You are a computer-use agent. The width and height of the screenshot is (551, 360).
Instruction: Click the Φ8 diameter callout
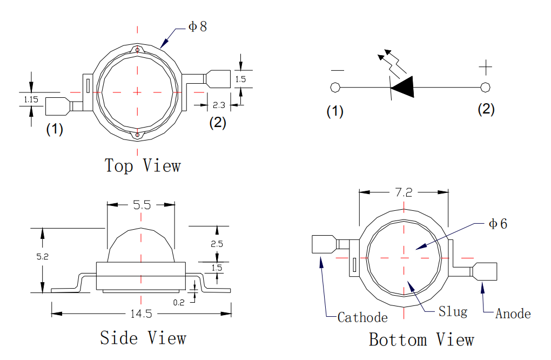pos(197,26)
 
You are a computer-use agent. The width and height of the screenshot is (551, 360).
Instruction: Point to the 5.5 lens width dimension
pos(141,205)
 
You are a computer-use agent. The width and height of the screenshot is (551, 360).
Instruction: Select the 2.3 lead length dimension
pos(219,104)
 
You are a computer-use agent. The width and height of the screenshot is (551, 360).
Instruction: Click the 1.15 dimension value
pos(31,99)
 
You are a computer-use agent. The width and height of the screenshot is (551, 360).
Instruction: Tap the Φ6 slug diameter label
pos(498,224)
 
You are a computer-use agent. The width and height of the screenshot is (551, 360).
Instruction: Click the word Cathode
pos(362,317)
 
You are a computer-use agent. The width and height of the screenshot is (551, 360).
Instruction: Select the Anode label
pos(513,314)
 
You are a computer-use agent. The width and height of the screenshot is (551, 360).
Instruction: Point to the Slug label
pos(453,312)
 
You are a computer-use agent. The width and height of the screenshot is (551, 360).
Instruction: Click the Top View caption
pos(143,165)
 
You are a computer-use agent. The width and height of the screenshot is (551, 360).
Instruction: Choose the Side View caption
pos(143,338)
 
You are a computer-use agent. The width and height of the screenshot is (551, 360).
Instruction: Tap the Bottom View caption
pos(421,339)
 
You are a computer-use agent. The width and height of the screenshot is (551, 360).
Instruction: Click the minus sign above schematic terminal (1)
pos(337,70)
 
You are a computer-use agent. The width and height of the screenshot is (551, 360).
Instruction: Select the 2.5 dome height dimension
pos(217,244)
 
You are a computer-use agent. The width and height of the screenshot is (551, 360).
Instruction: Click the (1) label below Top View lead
pos(55,130)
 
